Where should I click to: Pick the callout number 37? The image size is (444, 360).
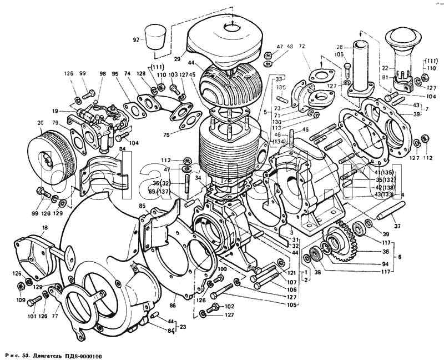(x=397, y=226)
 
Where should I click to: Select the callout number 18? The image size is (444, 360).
(x=44, y=228)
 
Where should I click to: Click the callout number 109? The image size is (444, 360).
(x=20, y=300)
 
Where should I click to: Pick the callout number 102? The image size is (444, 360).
(x=230, y=307)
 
